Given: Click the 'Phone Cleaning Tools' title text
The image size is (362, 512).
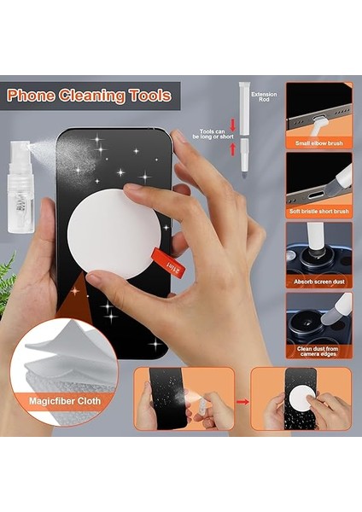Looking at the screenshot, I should (90, 95).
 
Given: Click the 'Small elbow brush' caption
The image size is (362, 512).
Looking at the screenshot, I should (319, 144).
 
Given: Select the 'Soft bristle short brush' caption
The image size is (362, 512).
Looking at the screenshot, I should (319, 211).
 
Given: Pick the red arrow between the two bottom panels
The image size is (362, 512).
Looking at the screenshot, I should (242, 399).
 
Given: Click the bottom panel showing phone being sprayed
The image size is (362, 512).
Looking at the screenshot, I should (184, 399).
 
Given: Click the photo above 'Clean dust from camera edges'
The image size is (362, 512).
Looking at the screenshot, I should (319, 316).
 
